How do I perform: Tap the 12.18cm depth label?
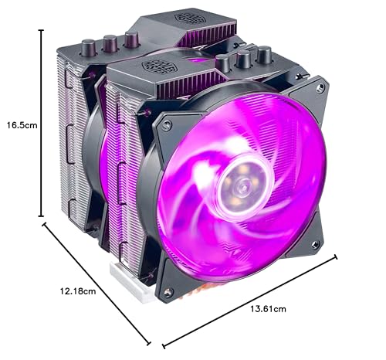[x=79, y=291]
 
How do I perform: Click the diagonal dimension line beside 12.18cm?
[x=96, y=281]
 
